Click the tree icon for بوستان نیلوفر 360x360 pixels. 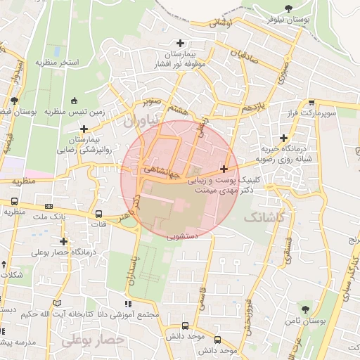(x=289, y=9)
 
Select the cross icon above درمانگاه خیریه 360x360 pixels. (x=283, y=138)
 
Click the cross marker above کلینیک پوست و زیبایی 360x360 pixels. (x=224, y=169)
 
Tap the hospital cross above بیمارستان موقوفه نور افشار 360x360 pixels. (x=182, y=43)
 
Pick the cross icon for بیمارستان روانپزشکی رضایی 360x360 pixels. (x=84, y=129)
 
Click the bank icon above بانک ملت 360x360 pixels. (x=49, y=207)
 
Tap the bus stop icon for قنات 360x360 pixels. (x=98, y=213)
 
